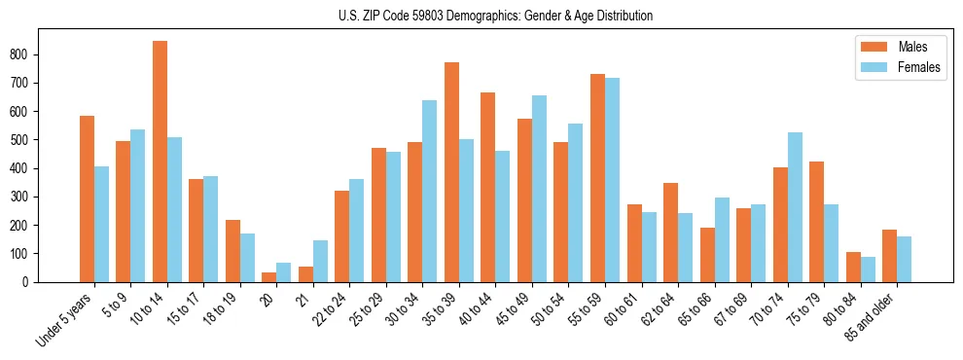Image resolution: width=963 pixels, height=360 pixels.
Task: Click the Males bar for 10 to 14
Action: [x=160, y=162]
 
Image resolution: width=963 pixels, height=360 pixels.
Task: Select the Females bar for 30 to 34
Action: [x=430, y=191]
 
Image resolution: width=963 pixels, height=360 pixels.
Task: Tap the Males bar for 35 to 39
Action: [x=452, y=172]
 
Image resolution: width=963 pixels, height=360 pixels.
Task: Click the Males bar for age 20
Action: [x=269, y=277]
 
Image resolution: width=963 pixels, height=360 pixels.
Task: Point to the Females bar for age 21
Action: [x=320, y=261]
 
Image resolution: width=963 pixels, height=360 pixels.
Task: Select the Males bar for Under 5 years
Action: [x=87, y=198]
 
